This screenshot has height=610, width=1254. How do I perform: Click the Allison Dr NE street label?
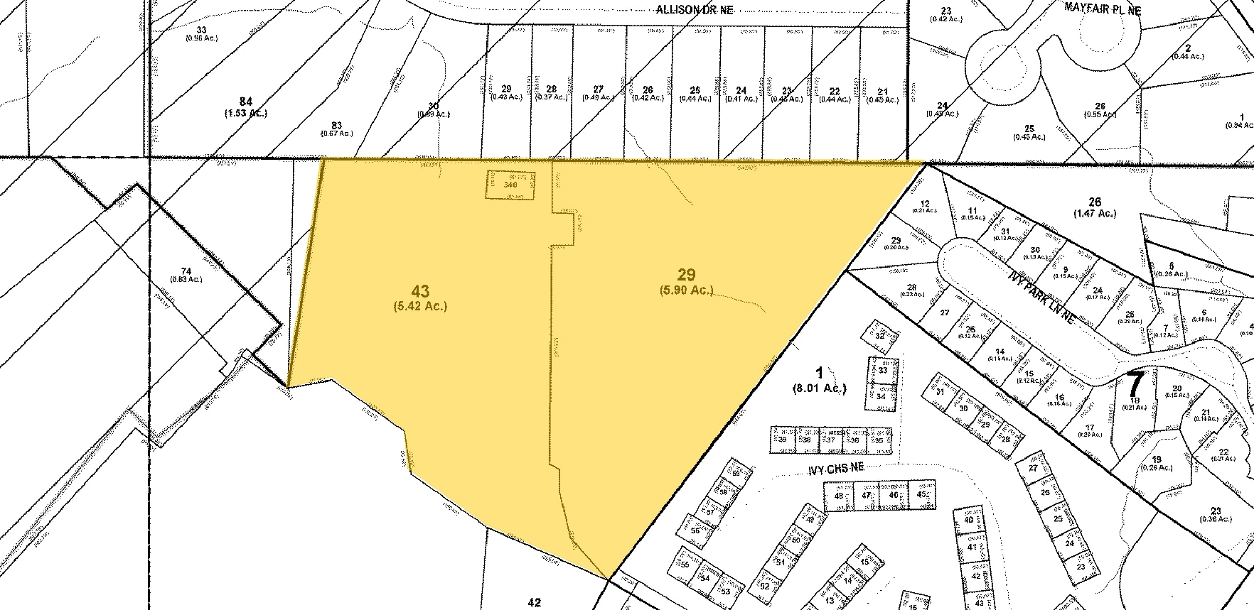(x=694, y=9)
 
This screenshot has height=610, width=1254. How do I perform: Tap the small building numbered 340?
(x=510, y=184)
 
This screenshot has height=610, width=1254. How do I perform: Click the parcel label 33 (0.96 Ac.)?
(x=202, y=33)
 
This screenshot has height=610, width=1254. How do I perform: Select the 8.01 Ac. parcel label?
(x=818, y=380)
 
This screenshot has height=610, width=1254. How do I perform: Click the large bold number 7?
(x=1136, y=384)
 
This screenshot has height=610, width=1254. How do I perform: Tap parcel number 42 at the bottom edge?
(x=535, y=602)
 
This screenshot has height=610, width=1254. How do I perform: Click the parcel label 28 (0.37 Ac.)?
(x=551, y=94)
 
